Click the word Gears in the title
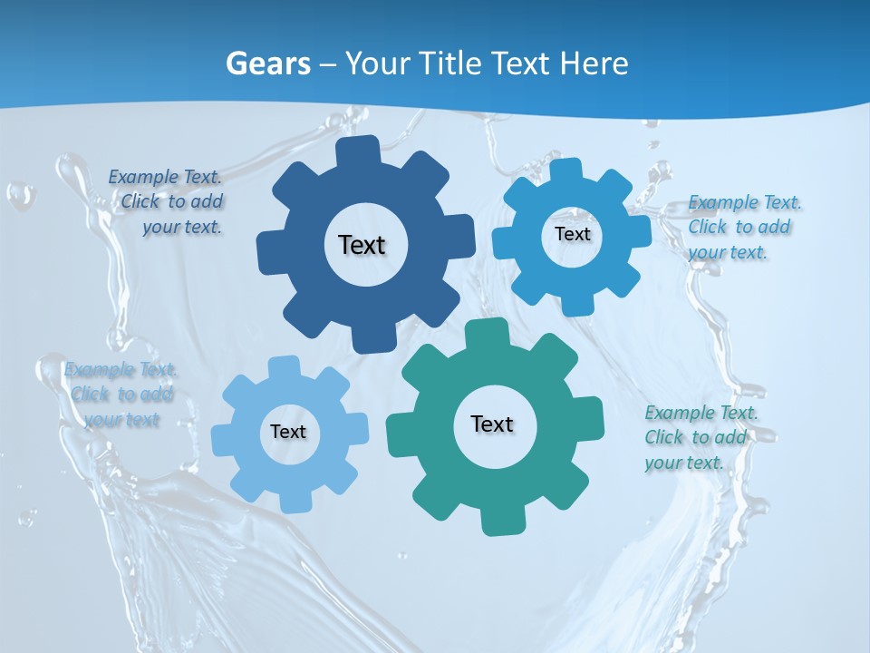point(268,63)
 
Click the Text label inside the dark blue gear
point(362,245)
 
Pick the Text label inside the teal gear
point(492,424)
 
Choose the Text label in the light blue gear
point(288,432)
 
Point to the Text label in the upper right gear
point(572,234)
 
